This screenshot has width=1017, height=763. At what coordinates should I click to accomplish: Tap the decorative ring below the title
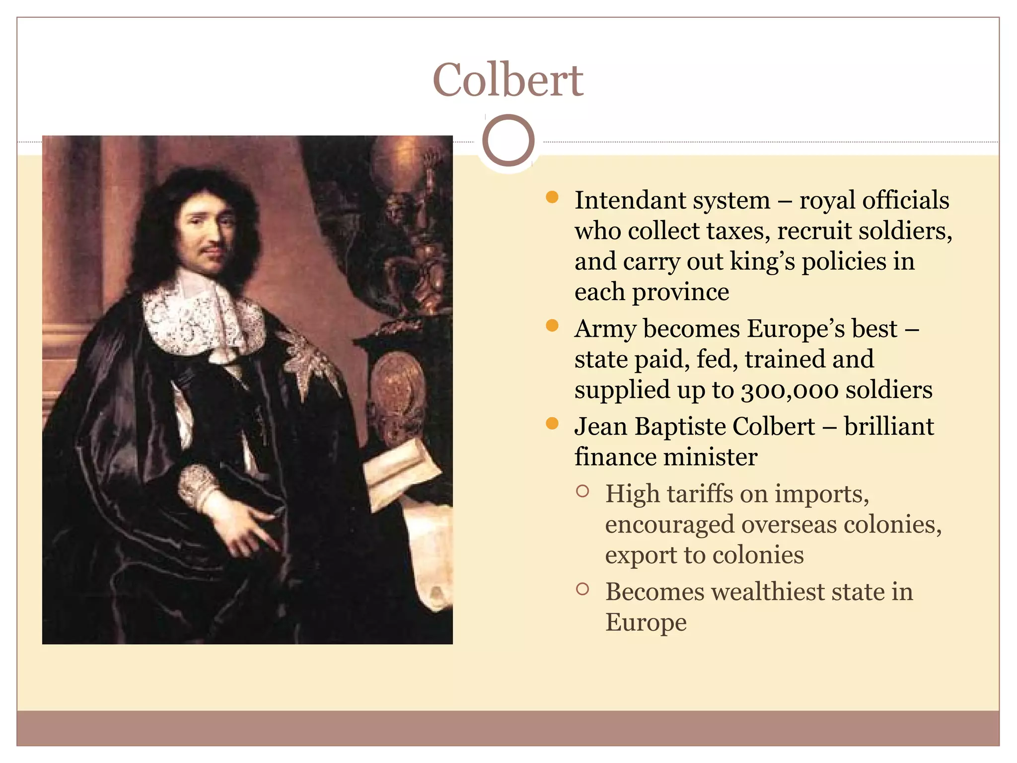tap(508, 141)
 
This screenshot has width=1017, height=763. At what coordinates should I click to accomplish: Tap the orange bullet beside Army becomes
tap(552, 326)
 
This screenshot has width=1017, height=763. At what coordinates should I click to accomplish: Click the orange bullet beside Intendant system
tap(552, 198)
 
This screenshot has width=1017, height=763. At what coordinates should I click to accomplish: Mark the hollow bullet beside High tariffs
tap(582, 492)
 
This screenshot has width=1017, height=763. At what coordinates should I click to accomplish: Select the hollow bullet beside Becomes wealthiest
tap(582, 590)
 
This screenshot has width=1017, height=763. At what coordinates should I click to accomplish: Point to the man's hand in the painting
tap(243, 527)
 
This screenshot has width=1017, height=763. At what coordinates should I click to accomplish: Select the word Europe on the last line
tap(646, 622)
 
